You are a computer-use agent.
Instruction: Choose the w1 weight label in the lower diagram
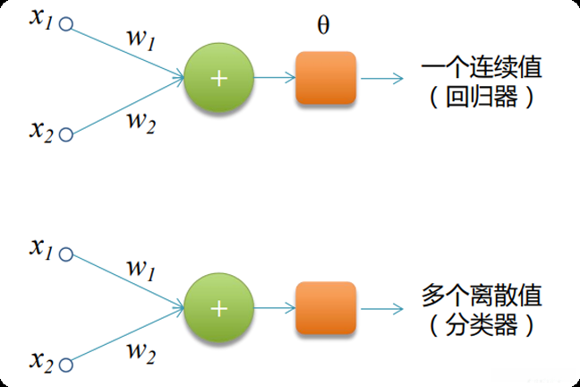click(x=141, y=268)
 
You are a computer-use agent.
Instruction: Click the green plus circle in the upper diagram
click(x=218, y=78)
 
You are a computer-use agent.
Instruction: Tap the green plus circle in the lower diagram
click(x=218, y=308)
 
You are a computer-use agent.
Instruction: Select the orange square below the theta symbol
click(x=326, y=79)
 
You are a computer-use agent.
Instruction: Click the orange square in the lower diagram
click(x=326, y=308)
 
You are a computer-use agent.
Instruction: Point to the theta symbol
click(x=323, y=25)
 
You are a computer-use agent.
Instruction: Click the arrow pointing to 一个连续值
click(x=383, y=79)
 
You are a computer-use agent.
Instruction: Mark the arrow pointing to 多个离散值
click(x=383, y=308)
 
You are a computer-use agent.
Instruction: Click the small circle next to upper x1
click(x=64, y=26)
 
